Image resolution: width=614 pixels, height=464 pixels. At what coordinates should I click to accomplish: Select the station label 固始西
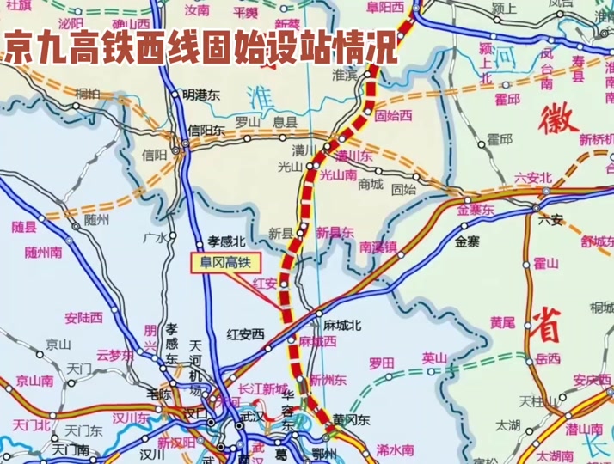pos(395,114)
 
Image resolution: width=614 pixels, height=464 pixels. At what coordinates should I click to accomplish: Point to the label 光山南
pos(338,174)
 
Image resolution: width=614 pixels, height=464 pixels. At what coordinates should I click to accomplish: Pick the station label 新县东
pos(335,232)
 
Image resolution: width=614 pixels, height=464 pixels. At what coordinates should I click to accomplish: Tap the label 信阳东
pos(206,131)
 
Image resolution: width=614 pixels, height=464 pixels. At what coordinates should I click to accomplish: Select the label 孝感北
pos(227,241)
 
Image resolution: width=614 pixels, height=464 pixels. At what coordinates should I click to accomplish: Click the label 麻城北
pos(342,325)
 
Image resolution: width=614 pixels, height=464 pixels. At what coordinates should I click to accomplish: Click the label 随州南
pos(43,252)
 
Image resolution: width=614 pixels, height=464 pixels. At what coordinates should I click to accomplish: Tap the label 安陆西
pos(83,317)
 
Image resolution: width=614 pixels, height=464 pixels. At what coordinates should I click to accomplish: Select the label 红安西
pos(245,333)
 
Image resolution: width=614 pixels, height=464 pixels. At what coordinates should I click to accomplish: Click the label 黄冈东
pos(352,420)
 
